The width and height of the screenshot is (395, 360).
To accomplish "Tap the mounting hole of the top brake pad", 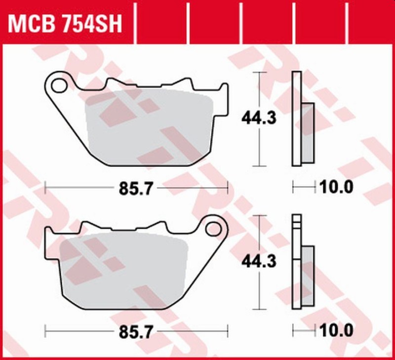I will (59, 84).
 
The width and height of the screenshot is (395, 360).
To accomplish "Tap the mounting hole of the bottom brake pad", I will (214, 228).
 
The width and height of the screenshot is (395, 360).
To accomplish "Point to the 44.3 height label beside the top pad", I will (259, 119).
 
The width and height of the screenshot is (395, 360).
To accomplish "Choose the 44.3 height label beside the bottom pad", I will (259, 262).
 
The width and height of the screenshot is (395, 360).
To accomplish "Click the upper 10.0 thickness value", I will (336, 187).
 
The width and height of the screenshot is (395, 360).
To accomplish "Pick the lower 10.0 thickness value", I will (336, 330).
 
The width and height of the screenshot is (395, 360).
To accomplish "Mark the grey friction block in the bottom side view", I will (307, 277).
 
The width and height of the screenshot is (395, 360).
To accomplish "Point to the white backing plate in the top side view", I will (296, 119).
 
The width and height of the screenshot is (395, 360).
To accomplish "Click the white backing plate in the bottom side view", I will (296, 262).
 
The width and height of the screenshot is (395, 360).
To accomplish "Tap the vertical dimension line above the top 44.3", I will (259, 89).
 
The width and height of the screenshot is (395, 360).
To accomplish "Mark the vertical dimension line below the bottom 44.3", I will (259, 291).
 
